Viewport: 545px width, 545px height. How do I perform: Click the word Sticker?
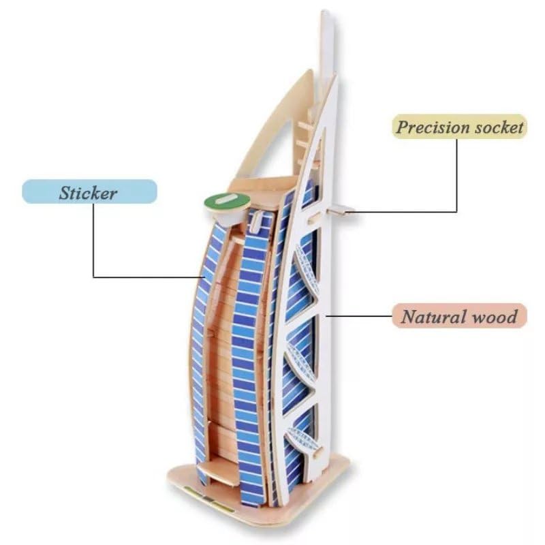coord(87,193)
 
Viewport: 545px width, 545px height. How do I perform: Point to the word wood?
coord(496,317)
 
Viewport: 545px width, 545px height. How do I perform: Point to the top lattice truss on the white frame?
coord(305,272)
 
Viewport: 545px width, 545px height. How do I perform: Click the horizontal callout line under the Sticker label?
coord(150,277)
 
